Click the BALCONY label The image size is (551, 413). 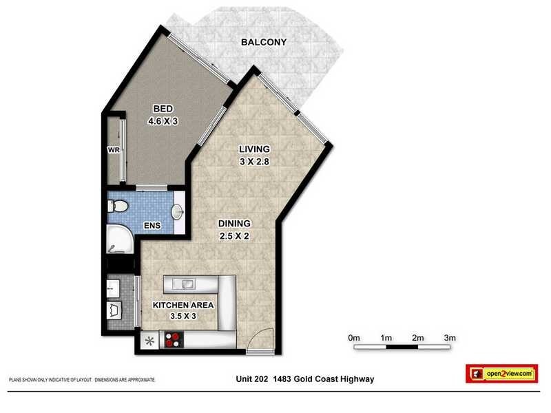click(263, 43)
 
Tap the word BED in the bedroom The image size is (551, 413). click(163, 109)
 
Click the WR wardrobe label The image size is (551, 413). click(114, 149)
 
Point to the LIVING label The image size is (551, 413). click(254, 149)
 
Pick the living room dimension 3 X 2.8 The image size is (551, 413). click(254, 162)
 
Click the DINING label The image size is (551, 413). click(236, 223)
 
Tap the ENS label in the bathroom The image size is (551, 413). click(153, 225)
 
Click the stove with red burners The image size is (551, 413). click(172, 339)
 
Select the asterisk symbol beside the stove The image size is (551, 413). click(149, 339)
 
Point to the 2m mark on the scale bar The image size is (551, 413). click(418, 337)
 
